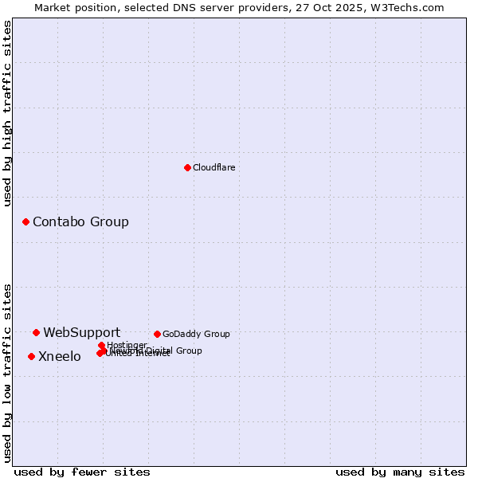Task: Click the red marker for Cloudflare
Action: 187,167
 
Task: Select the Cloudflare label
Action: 214,167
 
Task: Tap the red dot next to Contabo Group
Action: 25,221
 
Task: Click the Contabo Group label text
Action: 80,221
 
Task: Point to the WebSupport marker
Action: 36,332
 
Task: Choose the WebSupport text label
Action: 81,332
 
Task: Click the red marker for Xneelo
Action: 31,356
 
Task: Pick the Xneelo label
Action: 59,356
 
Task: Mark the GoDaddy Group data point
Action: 157,334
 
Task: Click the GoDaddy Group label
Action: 195,334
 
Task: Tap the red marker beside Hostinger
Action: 101,345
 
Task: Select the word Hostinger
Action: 127,345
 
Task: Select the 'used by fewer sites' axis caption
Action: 82,472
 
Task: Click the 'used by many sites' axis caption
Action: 400,472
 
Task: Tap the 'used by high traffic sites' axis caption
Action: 7,113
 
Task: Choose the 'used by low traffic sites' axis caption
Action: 7,372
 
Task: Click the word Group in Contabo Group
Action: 109,221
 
